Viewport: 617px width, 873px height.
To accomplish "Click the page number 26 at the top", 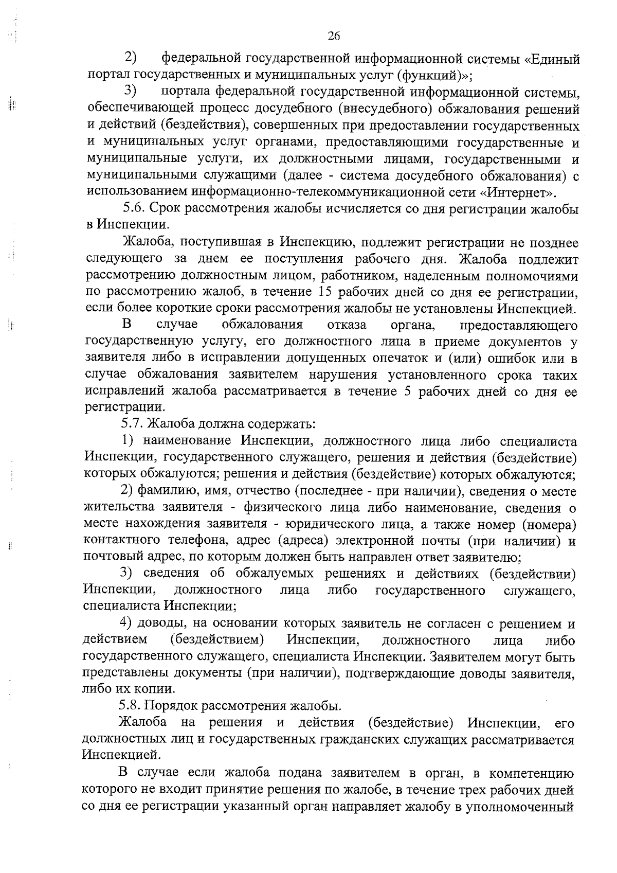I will click(x=334, y=36).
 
